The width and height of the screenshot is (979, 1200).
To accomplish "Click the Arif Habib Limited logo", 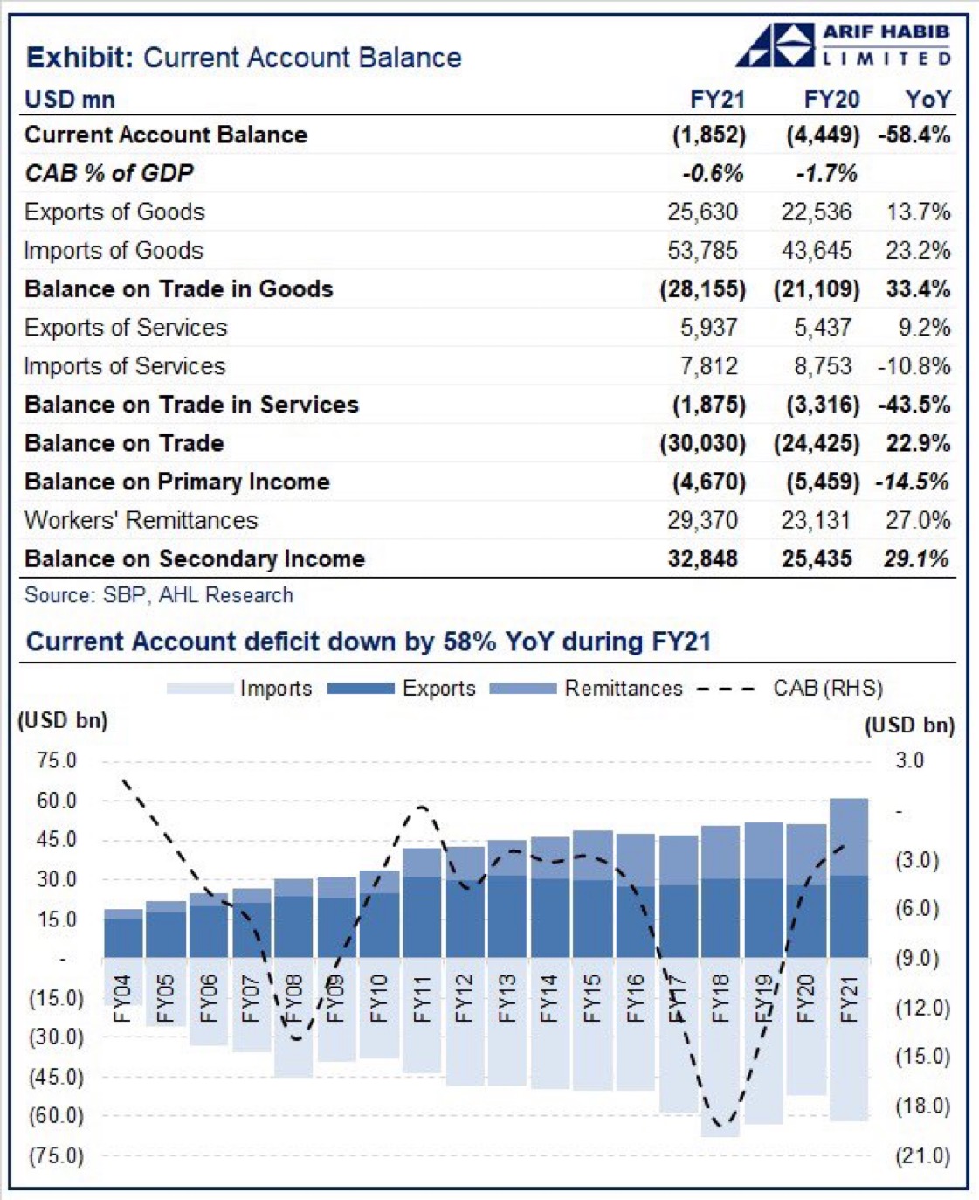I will (844, 45).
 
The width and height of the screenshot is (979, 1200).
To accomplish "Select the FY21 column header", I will (716, 99).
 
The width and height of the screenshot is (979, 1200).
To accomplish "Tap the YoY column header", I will (927, 99).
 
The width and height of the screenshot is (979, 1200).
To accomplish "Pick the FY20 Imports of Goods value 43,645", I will (816, 251).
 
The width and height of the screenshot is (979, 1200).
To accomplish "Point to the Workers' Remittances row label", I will (141, 520).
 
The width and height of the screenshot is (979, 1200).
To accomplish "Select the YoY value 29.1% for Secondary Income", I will (915, 558).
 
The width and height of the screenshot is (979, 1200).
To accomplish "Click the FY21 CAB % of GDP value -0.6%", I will (713, 173).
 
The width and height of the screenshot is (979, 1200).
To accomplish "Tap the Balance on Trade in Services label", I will (191, 405).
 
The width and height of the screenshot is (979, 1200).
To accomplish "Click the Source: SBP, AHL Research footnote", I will (158, 595).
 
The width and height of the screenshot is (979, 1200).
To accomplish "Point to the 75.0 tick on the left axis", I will (57, 760).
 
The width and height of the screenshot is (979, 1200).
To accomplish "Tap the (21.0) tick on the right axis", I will (922, 1155).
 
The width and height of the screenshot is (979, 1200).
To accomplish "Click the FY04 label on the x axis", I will (122, 998).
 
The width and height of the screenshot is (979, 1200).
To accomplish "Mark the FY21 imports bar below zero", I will (849, 1075).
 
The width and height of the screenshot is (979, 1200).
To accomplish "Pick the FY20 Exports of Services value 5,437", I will (822, 328).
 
